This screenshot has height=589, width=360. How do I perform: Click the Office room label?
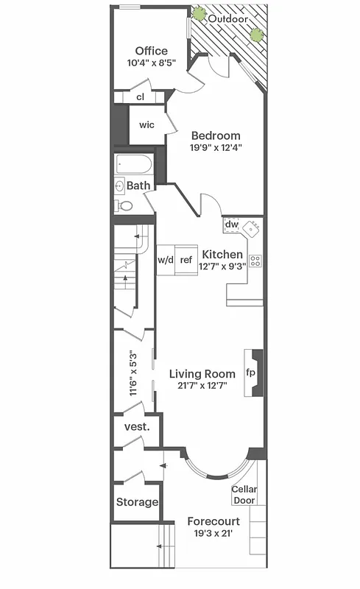point(151,51)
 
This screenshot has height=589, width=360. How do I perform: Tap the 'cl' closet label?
point(140,97)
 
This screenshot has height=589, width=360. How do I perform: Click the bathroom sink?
point(119,186)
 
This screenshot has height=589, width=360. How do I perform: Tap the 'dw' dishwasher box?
point(232,225)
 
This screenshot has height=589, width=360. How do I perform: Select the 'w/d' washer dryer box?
point(165,260)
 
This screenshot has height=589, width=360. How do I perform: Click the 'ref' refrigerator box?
point(186,260)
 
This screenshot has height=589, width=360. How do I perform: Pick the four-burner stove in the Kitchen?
point(255,260)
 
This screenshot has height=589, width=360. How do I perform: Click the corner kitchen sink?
point(253,229)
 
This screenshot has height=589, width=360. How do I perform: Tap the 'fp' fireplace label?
point(250,373)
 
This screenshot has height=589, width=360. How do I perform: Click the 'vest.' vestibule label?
point(137,427)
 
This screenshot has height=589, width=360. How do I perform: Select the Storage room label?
point(137,502)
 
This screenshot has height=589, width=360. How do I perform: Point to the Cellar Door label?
point(244,495)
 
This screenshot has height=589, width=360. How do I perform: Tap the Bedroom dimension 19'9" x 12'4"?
point(216,147)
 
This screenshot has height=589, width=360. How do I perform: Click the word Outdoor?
point(227,18)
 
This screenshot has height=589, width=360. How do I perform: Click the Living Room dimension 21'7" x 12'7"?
point(202,386)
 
